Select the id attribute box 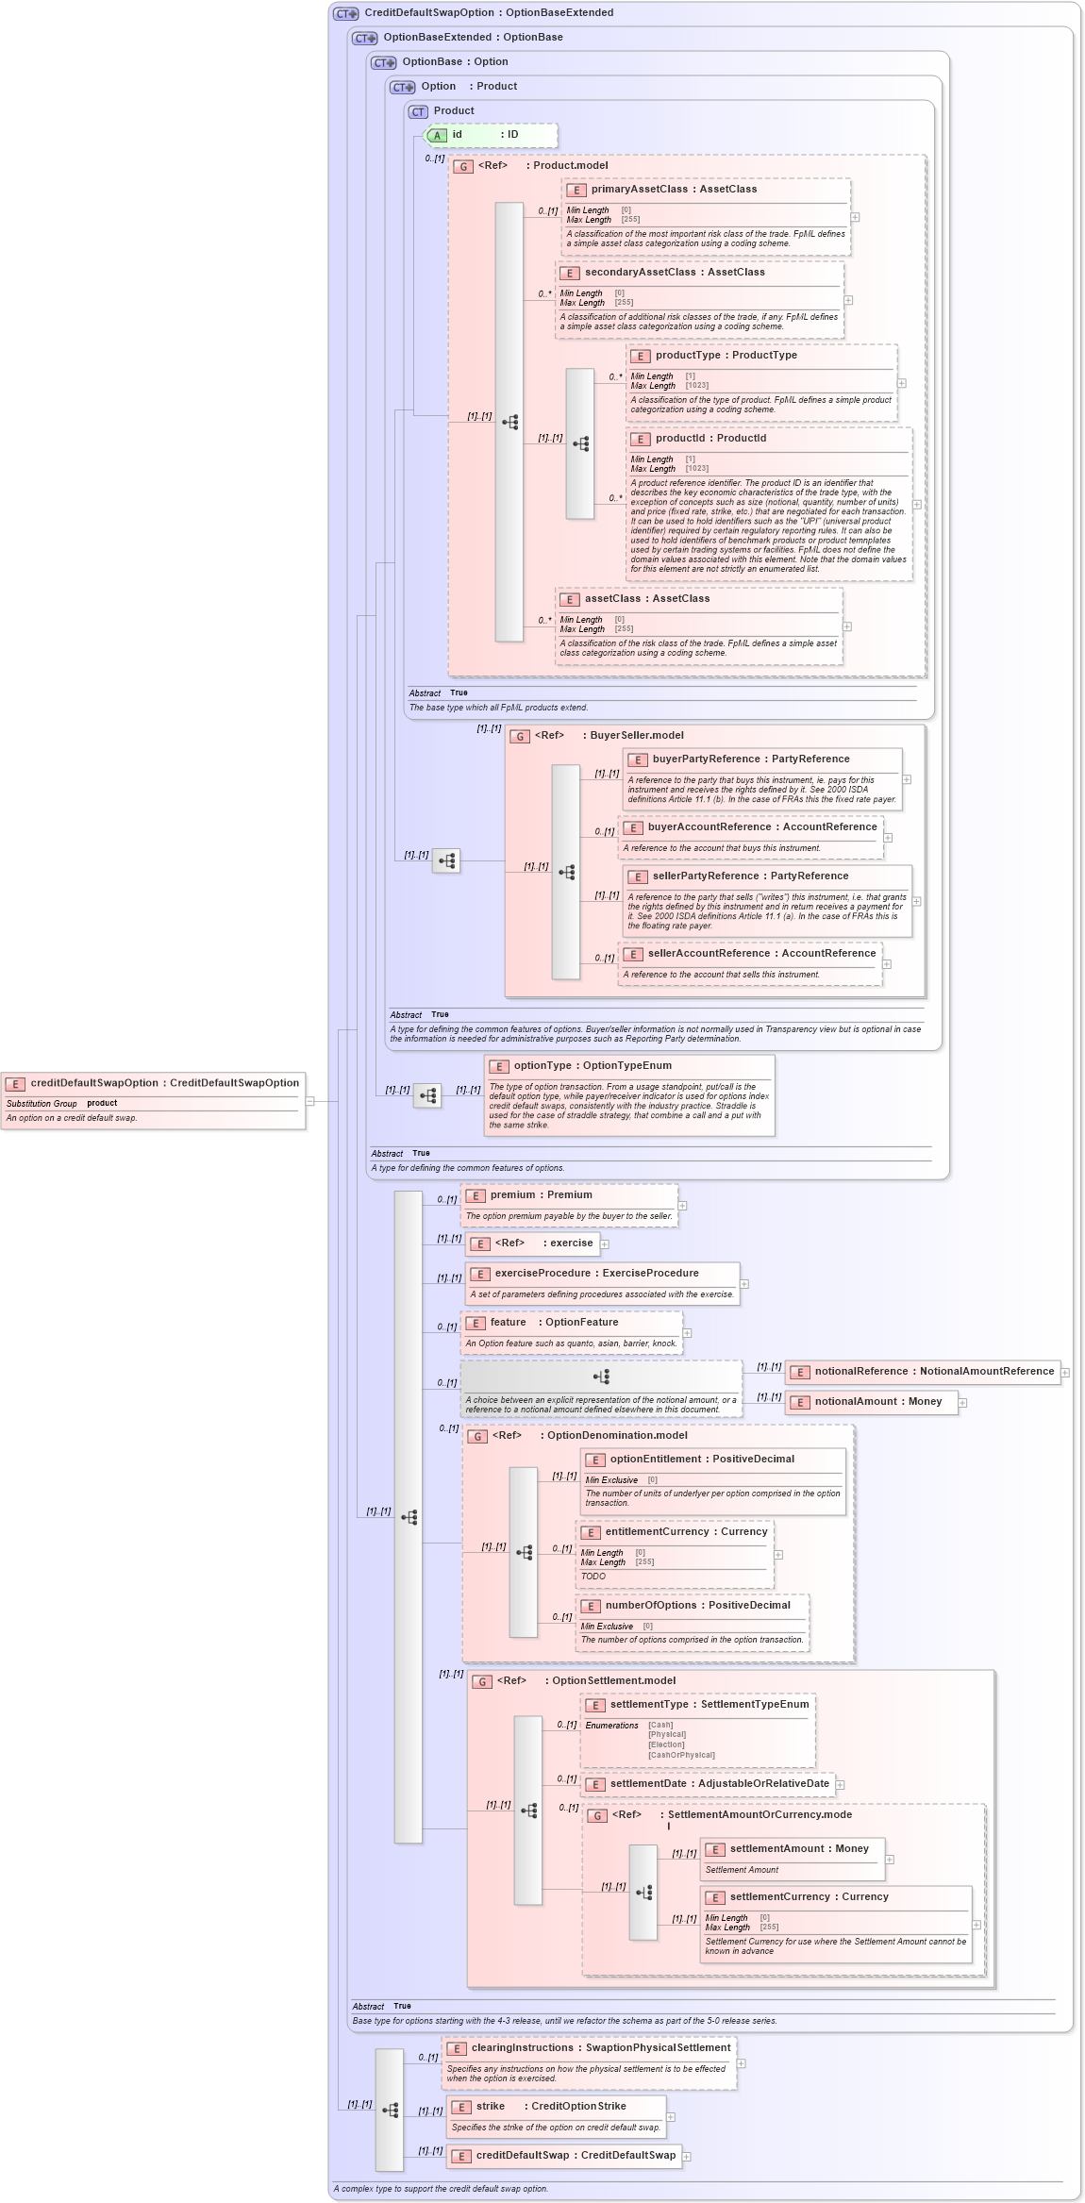[491, 135]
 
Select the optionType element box [629, 1094]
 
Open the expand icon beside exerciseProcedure [744, 1284]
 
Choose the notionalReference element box [923, 1372]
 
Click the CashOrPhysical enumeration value [681, 1756]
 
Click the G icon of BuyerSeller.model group [520, 737]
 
